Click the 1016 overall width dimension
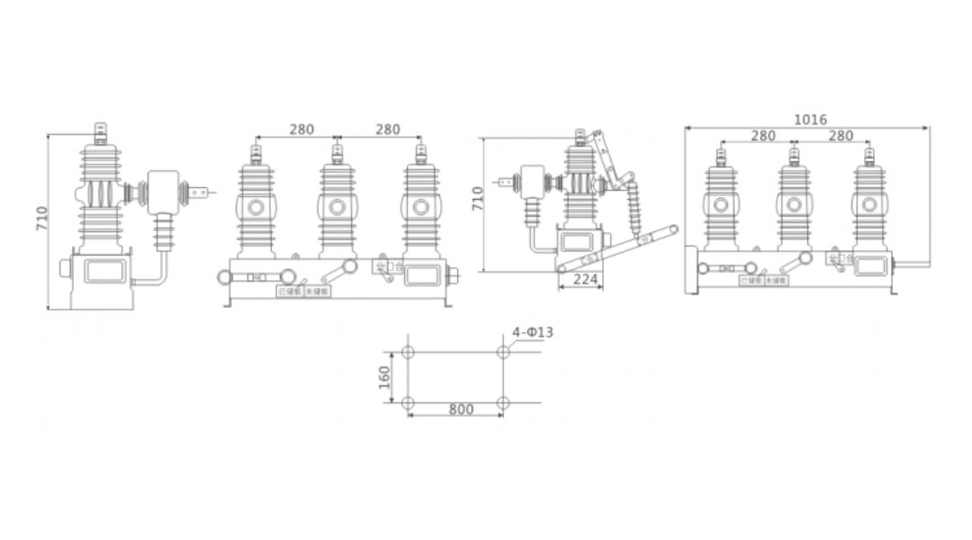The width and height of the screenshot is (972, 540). click(810, 120)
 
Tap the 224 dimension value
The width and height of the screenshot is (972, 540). click(585, 280)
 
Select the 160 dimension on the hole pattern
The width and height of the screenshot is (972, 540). click(384, 378)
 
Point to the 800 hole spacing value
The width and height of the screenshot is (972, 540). click(461, 410)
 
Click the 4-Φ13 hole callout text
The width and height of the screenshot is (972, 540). click(533, 332)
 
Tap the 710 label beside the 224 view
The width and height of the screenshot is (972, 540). click(478, 199)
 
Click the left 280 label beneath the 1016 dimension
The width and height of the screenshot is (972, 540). click(762, 136)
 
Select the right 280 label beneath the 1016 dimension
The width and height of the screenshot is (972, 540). click(840, 136)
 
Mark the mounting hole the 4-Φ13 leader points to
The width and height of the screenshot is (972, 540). click(503, 352)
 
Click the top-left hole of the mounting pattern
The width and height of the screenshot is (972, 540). click(408, 352)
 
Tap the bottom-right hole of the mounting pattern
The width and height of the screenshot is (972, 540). click(503, 402)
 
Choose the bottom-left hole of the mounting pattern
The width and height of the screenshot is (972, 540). click(408, 402)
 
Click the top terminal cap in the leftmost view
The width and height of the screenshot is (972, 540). click(100, 133)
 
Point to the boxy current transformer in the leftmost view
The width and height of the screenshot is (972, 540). click(164, 191)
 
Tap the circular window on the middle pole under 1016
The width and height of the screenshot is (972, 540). click(794, 206)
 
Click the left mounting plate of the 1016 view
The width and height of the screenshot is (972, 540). click(691, 270)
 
